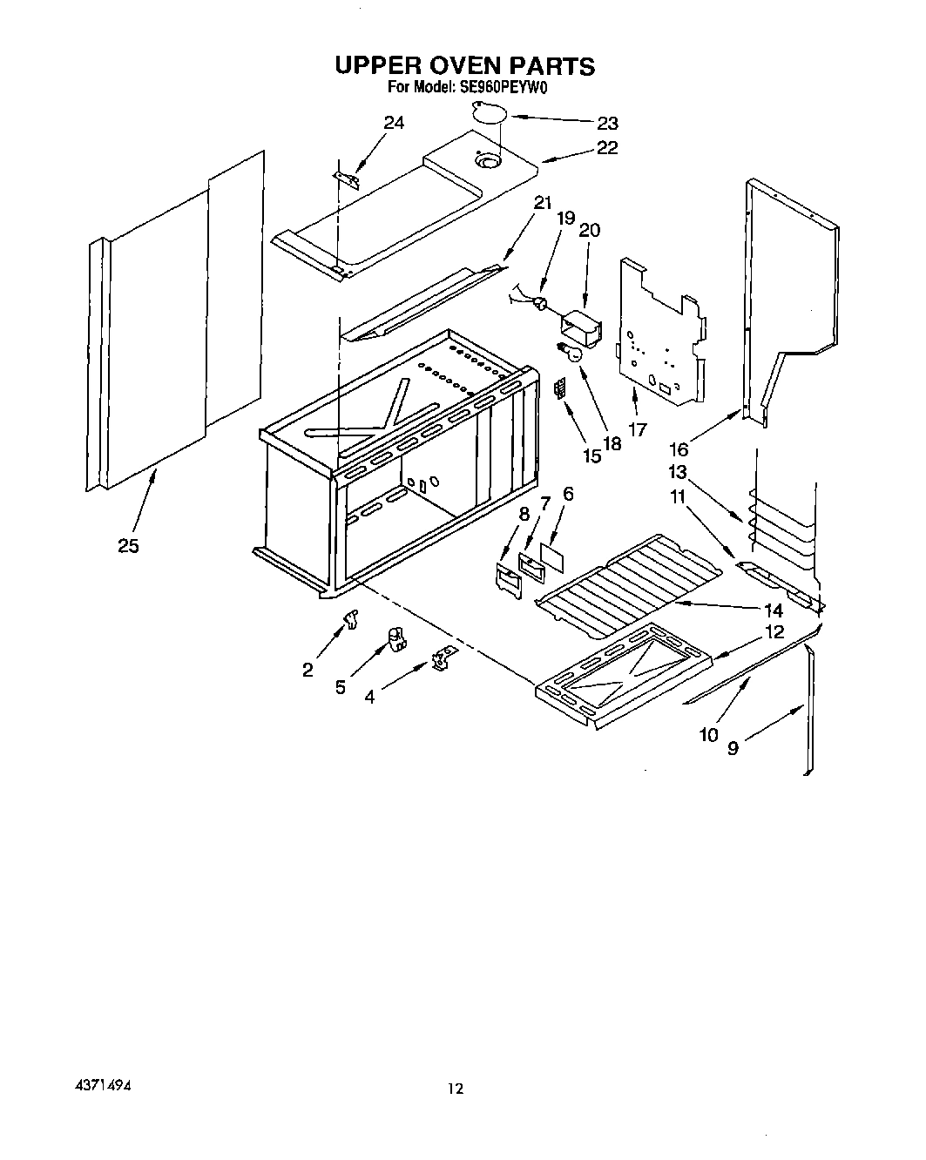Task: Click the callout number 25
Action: pyautogui.click(x=129, y=546)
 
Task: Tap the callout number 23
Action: pyautogui.click(x=607, y=123)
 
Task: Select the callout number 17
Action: pyautogui.click(x=638, y=429)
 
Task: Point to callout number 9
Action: pyautogui.click(x=733, y=747)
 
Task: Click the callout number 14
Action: pyautogui.click(x=772, y=610)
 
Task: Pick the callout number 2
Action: pyautogui.click(x=308, y=669)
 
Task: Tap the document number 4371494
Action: pyautogui.click(x=103, y=1088)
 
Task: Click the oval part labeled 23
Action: pyautogui.click(x=489, y=111)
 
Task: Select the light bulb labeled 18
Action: pyautogui.click(x=567, y=351)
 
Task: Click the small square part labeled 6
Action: pyautogui.click(x=550, y=552)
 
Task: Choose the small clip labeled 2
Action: pyautogui.click(x=351, y=619)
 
